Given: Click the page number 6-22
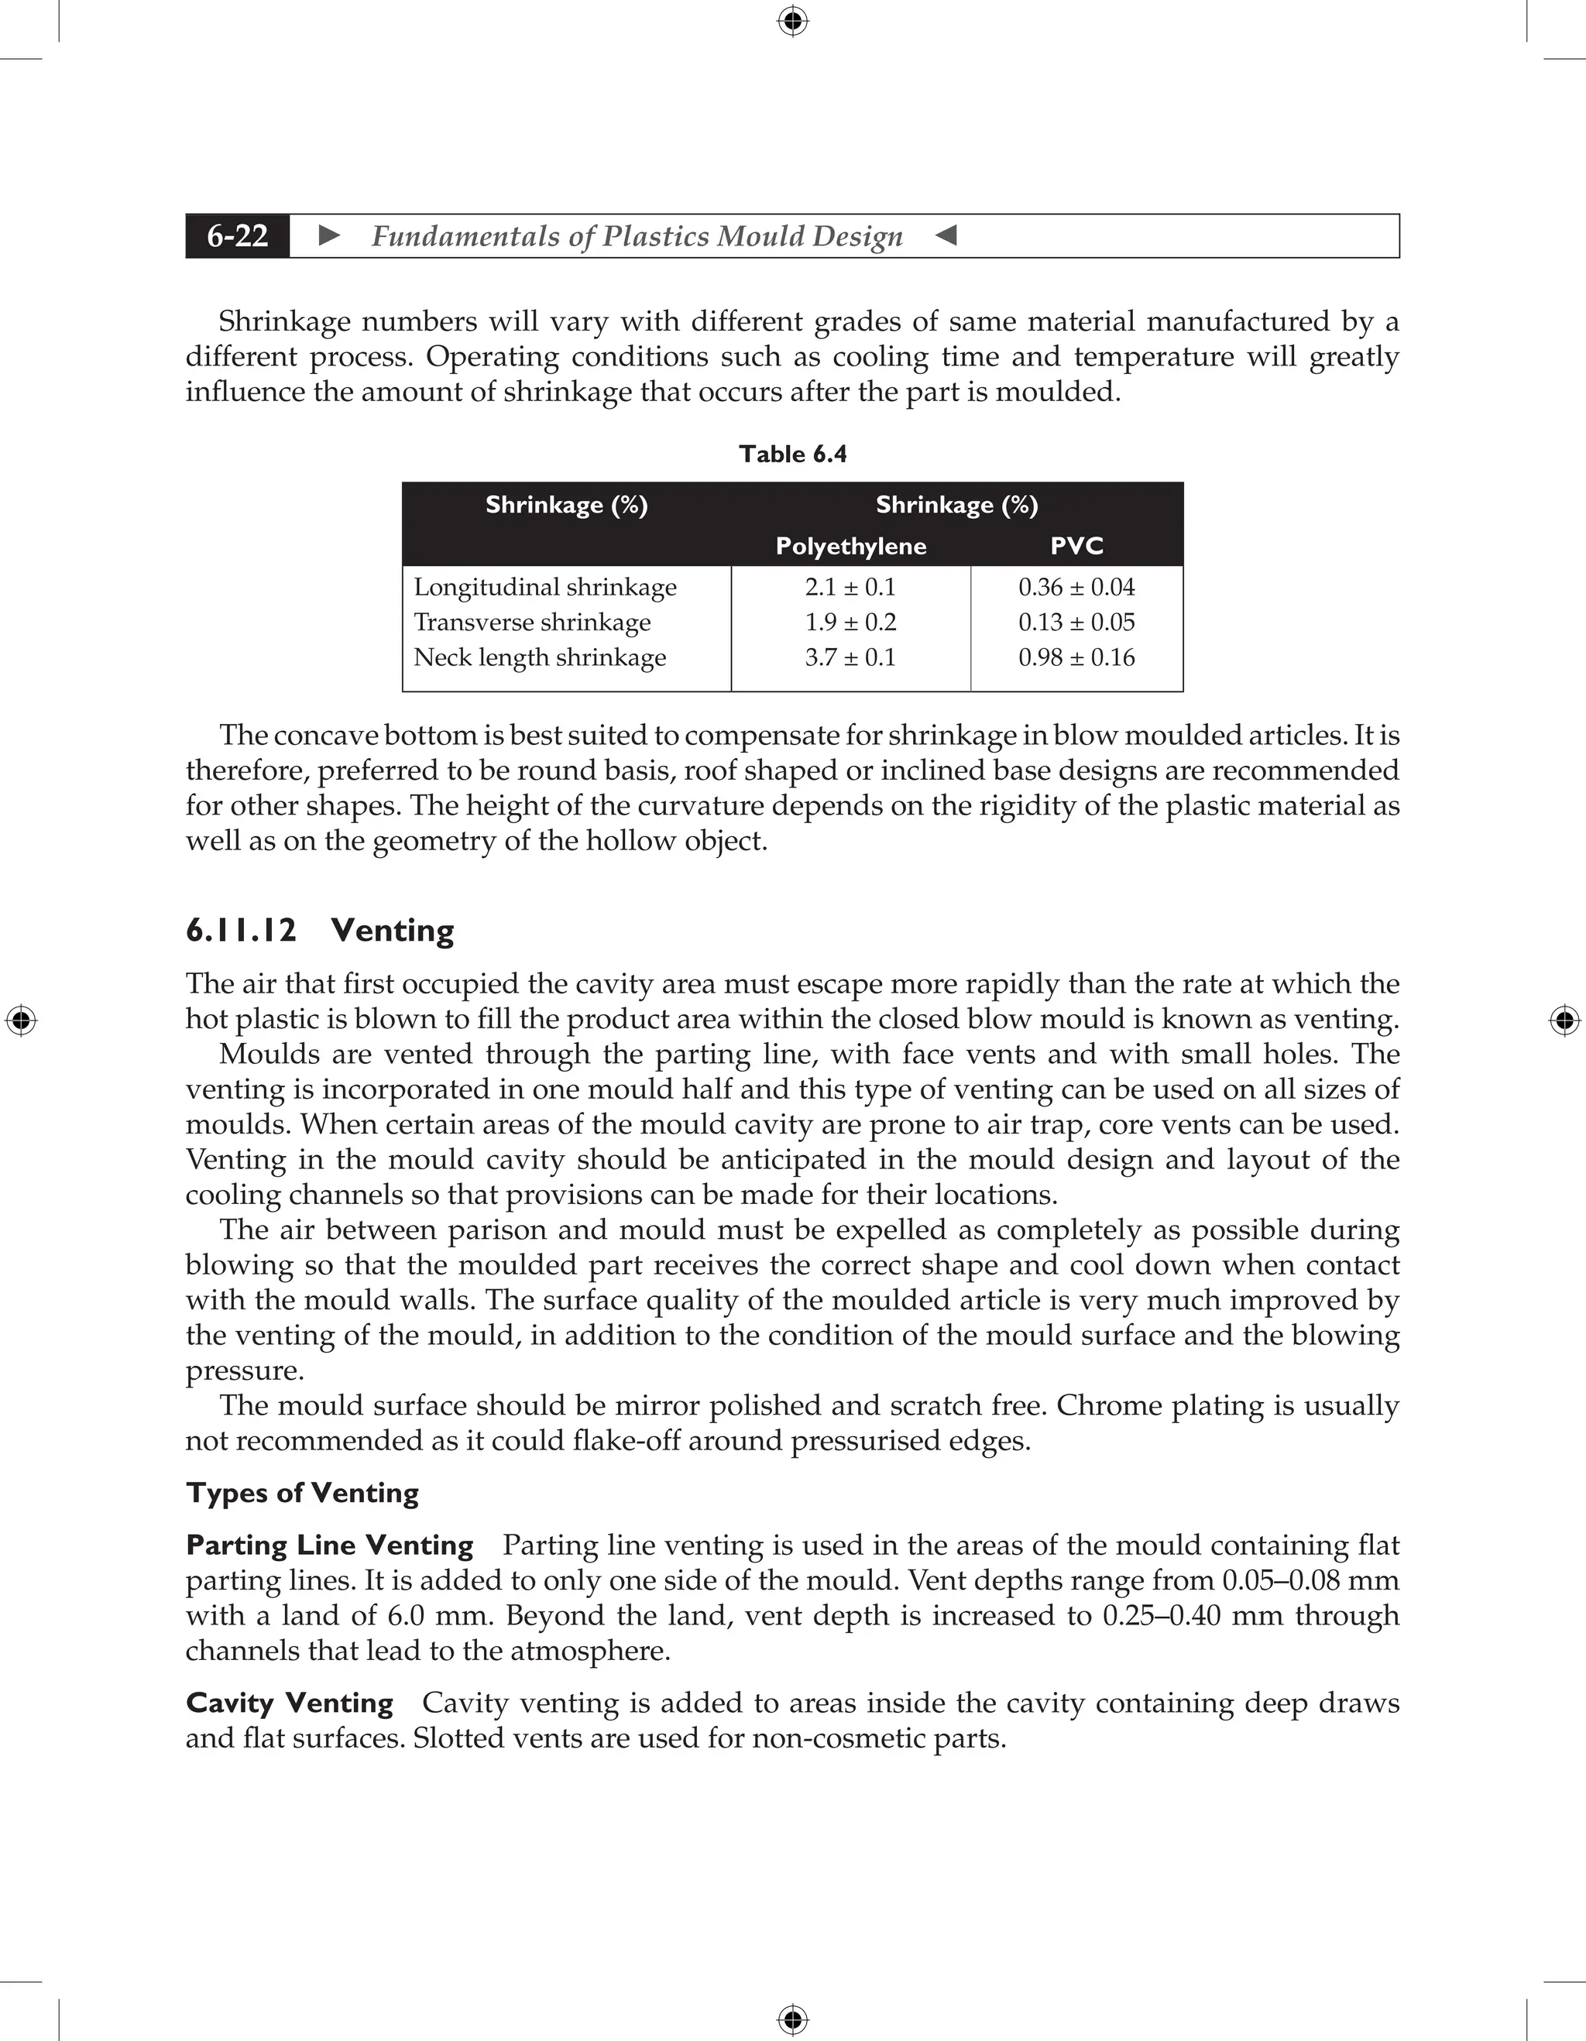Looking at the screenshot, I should [x=238, y=235].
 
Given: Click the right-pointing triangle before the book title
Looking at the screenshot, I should [x=329, y=235].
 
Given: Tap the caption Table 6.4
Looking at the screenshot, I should [x=792, y=455].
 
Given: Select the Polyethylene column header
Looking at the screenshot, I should [x=850, y=547].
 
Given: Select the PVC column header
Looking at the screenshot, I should [x=1076, y=547].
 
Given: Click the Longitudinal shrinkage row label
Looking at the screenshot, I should [x=545, y=587].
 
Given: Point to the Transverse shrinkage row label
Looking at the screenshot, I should [x=532, y=623].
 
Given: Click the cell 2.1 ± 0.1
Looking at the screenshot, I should [x=850, y=587].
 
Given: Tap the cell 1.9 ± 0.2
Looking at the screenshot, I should [x=850, y=623].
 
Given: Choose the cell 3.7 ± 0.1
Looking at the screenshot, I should [x=850, y=657].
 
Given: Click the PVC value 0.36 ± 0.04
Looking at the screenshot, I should [x=1076, y=587].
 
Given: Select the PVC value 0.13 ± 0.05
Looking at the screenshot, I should [x=1076, y=623].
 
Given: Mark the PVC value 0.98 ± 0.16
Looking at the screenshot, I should [x=1076, y=657].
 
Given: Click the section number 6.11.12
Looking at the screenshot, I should [x=241, y=931].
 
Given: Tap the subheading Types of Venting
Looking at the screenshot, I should [x=302, y=1494].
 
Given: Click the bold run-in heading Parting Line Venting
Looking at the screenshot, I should [x=329, y=1545].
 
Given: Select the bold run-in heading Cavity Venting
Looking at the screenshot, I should [x=289, y=1703].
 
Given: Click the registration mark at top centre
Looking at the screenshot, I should [x=792, y=21].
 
